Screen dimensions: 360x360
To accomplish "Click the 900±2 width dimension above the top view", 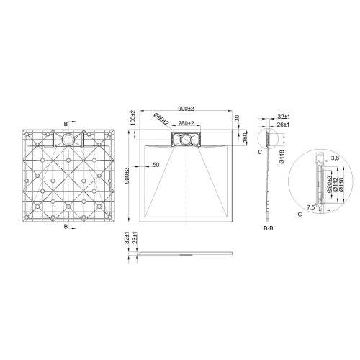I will [x=185, y=108].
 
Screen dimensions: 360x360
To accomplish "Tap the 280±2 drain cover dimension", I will [x=186, y=124].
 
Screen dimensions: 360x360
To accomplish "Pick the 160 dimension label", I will [x=245, y=135].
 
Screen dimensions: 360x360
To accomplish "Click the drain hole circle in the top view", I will [x=186, y=138].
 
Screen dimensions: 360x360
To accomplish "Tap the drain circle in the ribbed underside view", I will [x=68, y=139].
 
